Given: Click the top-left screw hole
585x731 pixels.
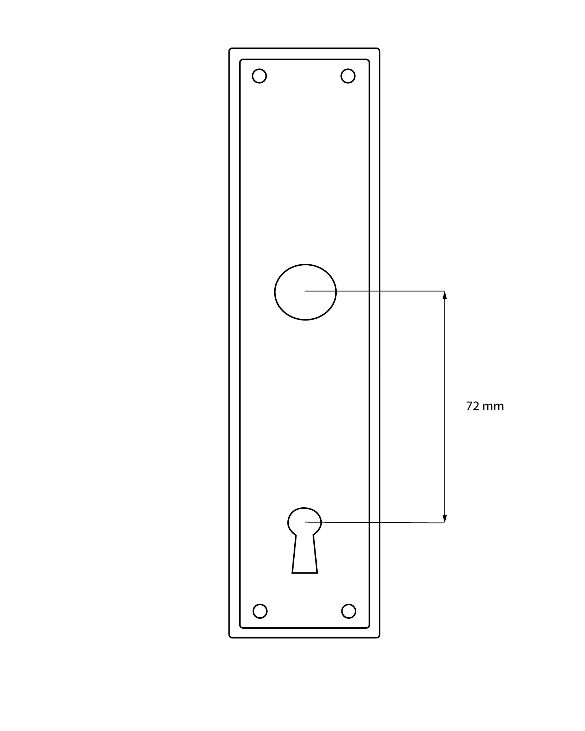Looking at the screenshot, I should (259, 76).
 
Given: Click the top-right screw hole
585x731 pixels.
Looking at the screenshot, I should (348, 76).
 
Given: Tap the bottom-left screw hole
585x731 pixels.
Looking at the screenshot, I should (260, 611).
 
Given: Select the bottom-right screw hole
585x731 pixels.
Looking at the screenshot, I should (348, 611).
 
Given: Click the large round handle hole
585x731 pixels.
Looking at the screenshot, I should (305, 292).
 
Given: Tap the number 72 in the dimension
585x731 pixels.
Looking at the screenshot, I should (472, 406).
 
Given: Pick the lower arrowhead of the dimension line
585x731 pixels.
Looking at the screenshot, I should (445, 519).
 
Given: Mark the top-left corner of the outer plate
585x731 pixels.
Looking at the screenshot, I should (230, 49).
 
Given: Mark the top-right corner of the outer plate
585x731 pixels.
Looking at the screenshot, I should (379, 49).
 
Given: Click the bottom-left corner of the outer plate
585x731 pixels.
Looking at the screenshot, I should (230, 637).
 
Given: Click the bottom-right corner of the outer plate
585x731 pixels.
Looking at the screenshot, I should (379, 637).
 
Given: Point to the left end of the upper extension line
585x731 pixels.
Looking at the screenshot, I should (305, 291).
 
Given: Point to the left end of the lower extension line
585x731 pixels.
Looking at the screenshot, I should (305, 522).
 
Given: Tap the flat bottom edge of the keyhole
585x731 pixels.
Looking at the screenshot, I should (305, 573).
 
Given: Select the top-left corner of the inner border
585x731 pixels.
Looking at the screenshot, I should (241, 60).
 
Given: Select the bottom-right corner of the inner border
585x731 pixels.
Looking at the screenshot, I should (369, 627).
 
